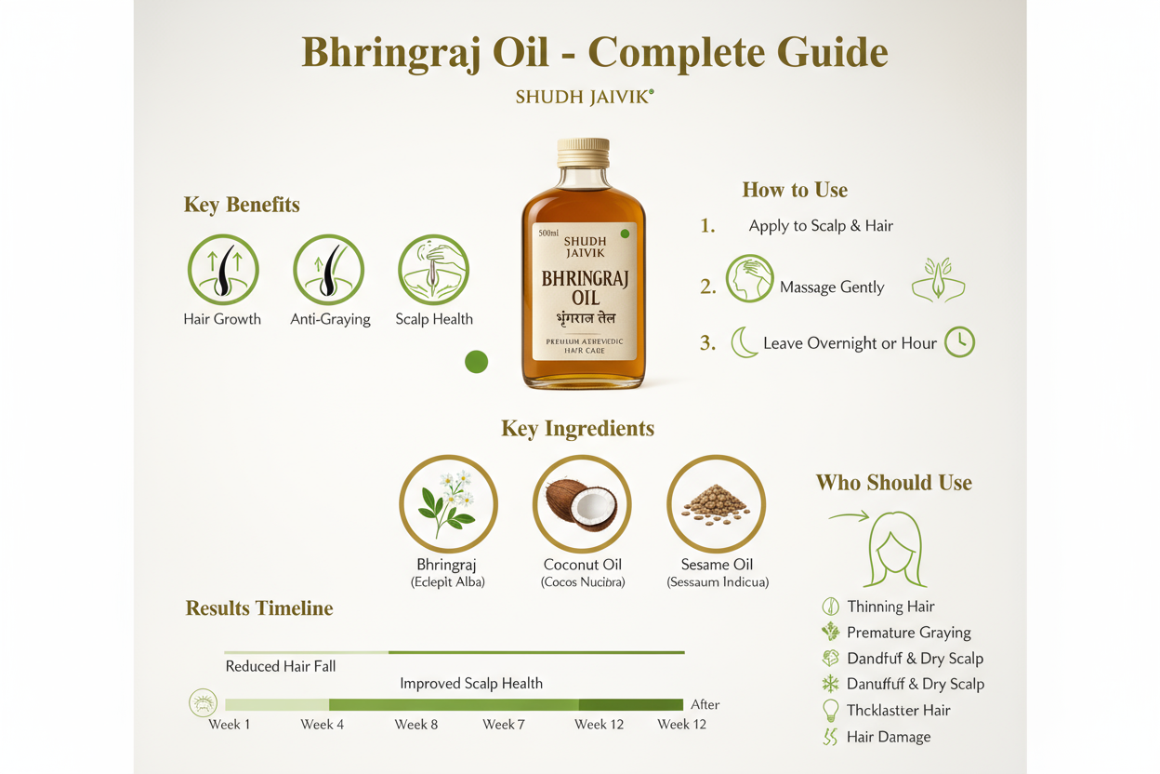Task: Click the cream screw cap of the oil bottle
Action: [583, 153]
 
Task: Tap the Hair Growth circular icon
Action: [223, 270]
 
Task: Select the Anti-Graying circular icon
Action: [328, 270]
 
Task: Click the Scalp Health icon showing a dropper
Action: [433, 270]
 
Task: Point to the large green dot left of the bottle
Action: [476, 362]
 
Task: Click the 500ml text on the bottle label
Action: [548, 233]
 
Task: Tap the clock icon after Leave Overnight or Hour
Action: [959, 342]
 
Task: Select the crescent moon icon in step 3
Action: [744, 342]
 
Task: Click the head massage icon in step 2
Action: [749, 278]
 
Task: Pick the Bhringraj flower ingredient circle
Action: [448, 504]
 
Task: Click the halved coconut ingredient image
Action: [582, 504]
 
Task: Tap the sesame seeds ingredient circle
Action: [716, 504]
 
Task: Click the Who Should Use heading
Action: [893, 483]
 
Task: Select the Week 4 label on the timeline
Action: [323, 725]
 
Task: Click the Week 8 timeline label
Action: [416, 725]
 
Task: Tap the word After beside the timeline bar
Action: [705, 704]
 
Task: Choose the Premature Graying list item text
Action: [908, 633]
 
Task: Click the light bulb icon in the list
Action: [831, 710]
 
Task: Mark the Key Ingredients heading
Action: [577, 429]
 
